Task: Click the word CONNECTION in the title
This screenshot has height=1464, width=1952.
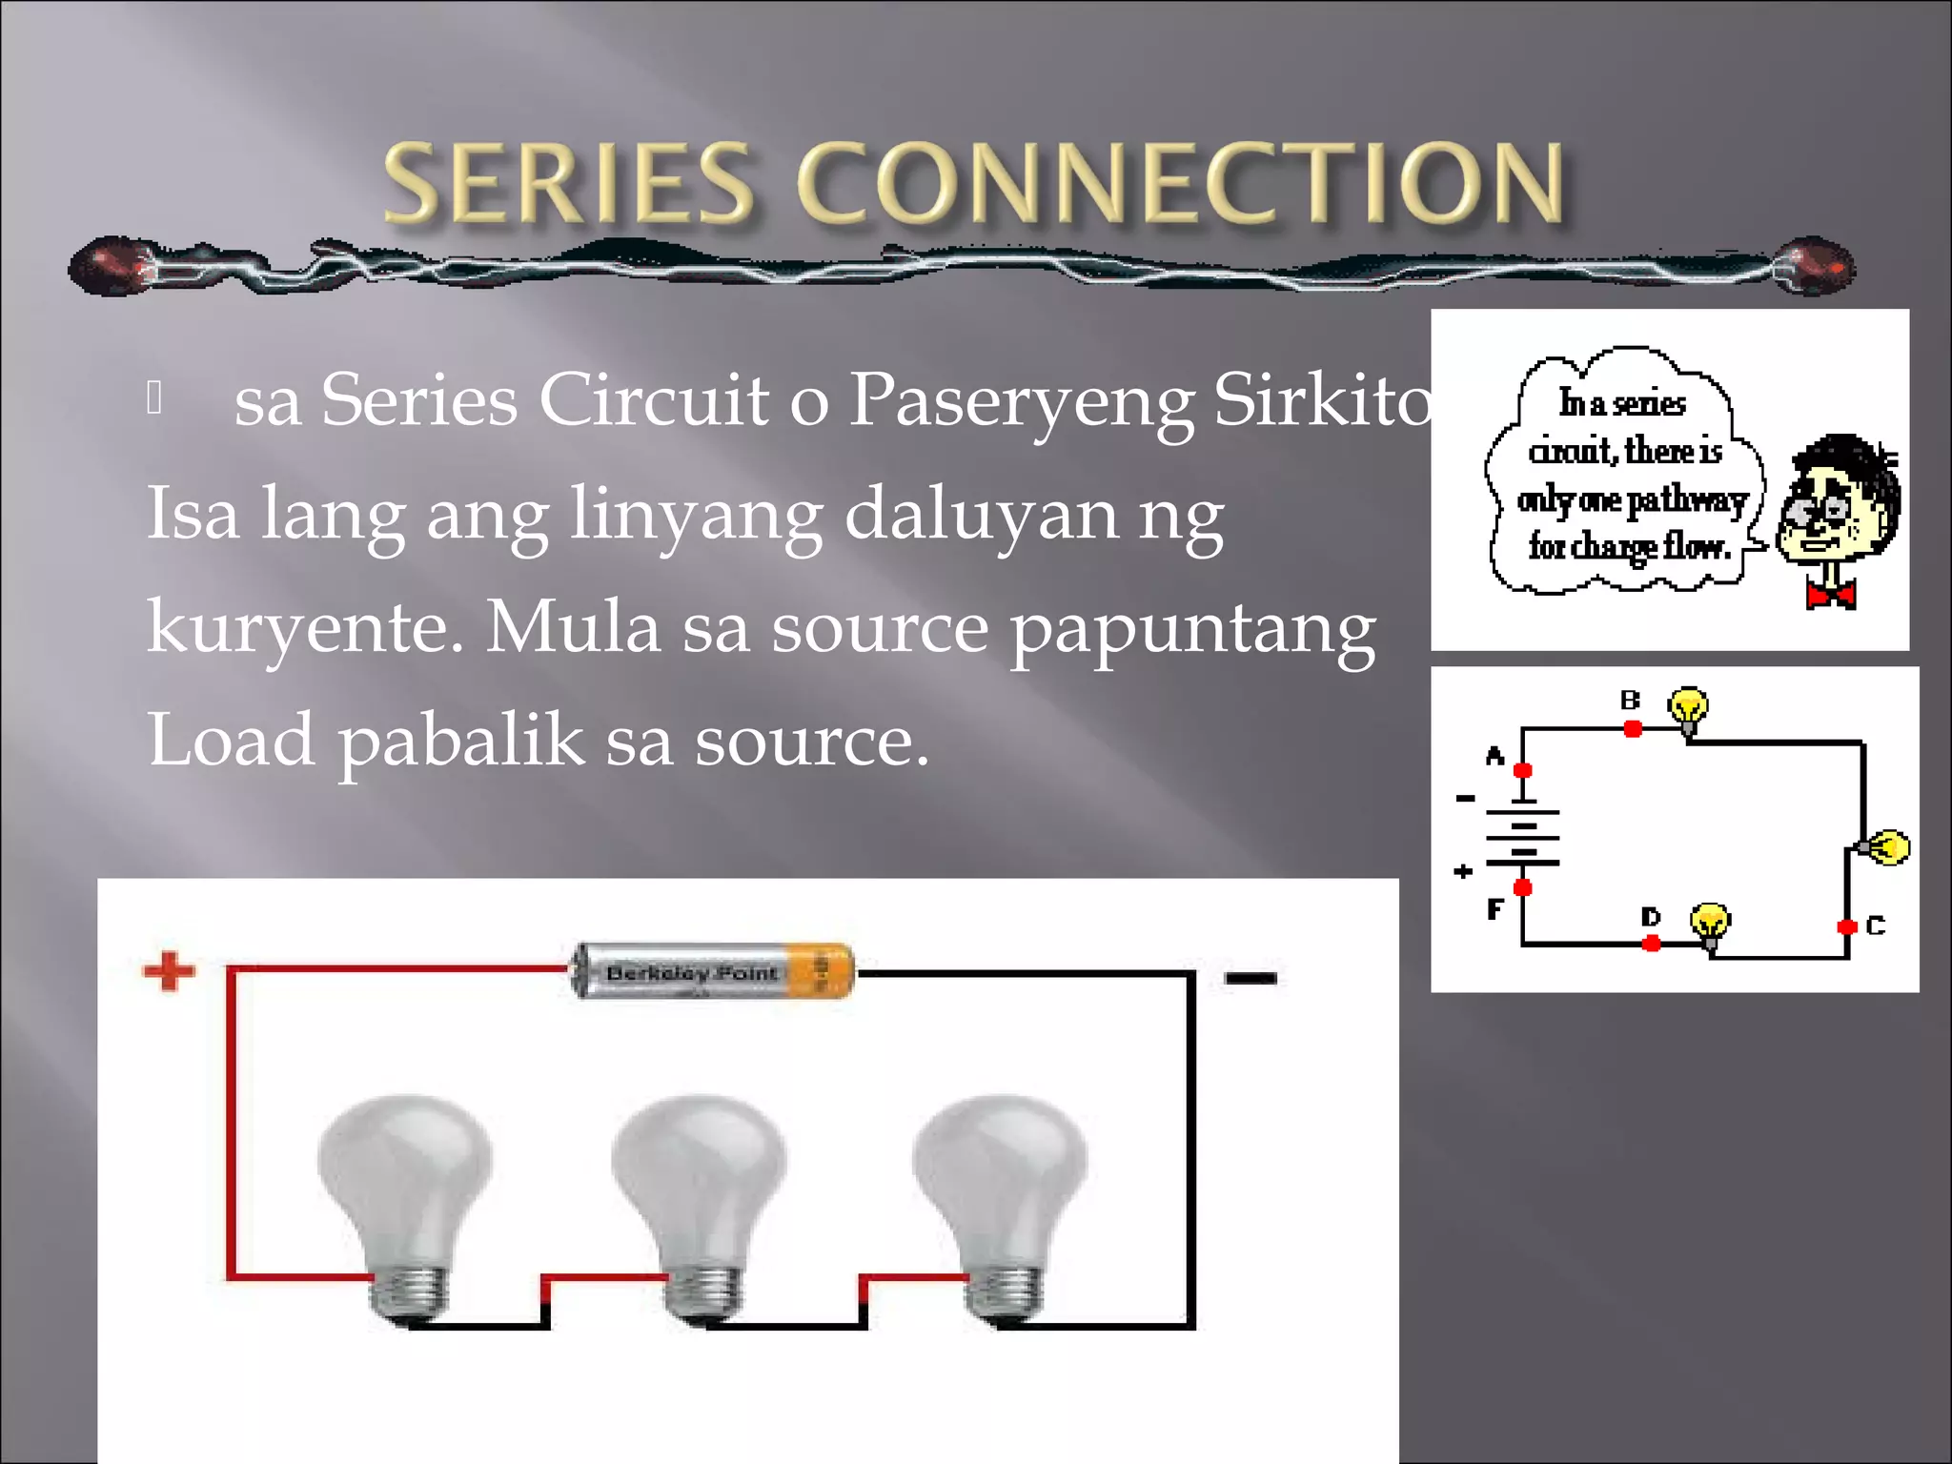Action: pos(1180,183)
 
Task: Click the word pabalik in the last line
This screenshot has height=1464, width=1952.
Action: pos(461,742)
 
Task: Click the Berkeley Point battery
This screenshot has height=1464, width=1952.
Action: pos(712,972)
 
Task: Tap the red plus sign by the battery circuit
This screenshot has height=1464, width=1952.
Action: pos(169,972)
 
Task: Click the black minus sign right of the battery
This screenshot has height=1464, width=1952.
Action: pos(1250,978)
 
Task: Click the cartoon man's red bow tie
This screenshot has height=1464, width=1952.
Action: pos(1831,595)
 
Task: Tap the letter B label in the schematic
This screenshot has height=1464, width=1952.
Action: pos(1630,701)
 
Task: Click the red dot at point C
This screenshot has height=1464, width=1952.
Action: pos(1847,926)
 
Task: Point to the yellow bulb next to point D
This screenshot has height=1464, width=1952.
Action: pos(1710,923)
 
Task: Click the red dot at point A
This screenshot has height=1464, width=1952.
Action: pos(1523,770)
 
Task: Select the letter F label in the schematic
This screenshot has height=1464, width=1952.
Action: pos(1494,910)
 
